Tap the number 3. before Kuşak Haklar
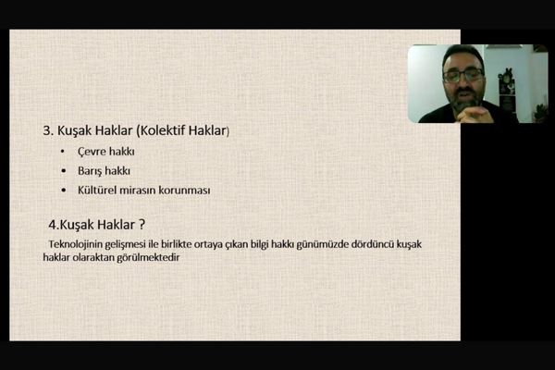click(48, 130)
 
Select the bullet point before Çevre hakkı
click(63, 152)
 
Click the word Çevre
click(92, 152)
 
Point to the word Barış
click(92, 171)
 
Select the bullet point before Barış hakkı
click(63, 171)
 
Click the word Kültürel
click(97, 191)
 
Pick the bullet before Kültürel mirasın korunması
click(63, 191)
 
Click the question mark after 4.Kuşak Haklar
click(142, 225)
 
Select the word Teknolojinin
click(75, 244)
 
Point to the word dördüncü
click(373, 244)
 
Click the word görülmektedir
click(148, 257)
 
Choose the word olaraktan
click(93, 257)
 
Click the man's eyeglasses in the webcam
click(463, 75)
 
